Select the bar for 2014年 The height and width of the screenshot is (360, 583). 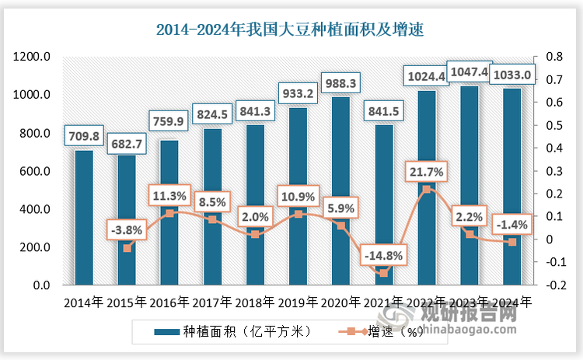click(84, 218)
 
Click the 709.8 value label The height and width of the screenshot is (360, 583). click(84, 138)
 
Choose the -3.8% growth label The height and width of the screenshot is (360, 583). click(127, 229)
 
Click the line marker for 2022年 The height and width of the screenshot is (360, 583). click(426, 189)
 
